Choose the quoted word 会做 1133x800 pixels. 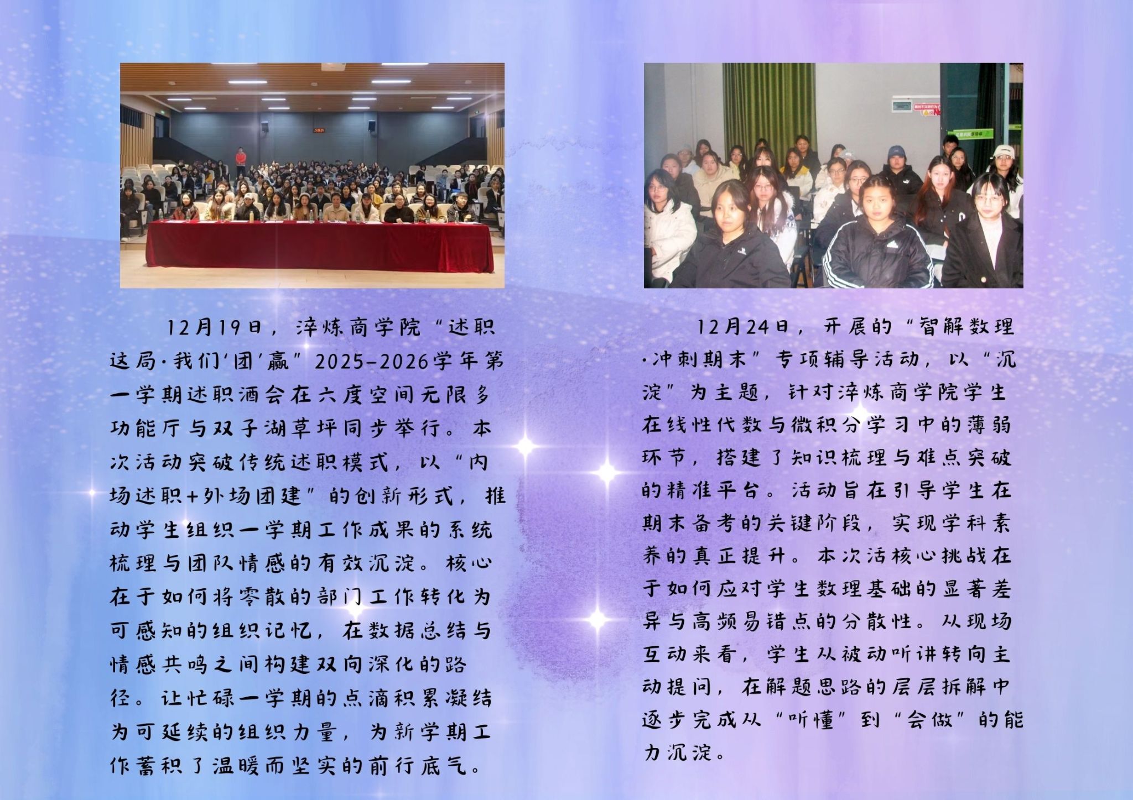pyautogui.click(x=932, y=720)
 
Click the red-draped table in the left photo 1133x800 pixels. pyautogui.click(x=319, y=247)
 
